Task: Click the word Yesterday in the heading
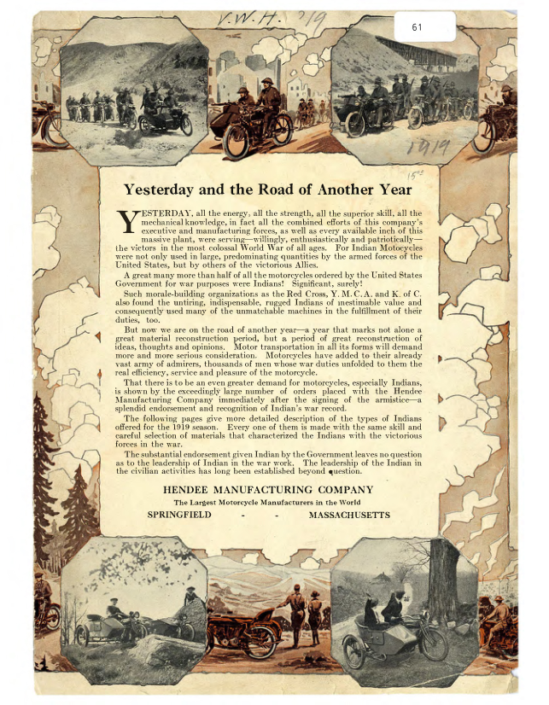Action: click(x=163, y=189)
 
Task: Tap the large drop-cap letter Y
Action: click(x=126, y=221)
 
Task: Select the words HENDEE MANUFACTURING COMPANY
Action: click(x=267, y=490)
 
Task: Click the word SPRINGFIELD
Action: click(x=179, y=516)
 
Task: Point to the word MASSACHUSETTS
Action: click(x=349, y=516)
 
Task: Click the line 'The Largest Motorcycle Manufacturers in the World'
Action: click(x=266, y=503)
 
